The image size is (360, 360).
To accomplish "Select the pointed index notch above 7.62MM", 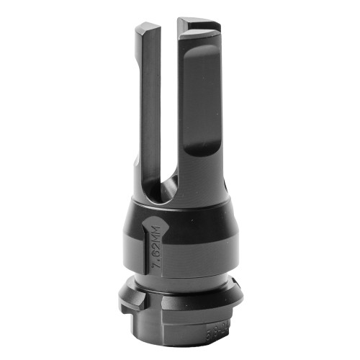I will pyautogui.click(x=153, y=225).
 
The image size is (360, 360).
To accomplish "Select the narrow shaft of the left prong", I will pyautogui.click(x=150, y=108).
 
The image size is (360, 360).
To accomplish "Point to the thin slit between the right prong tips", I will pyautogui.click(x=179, y=29).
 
